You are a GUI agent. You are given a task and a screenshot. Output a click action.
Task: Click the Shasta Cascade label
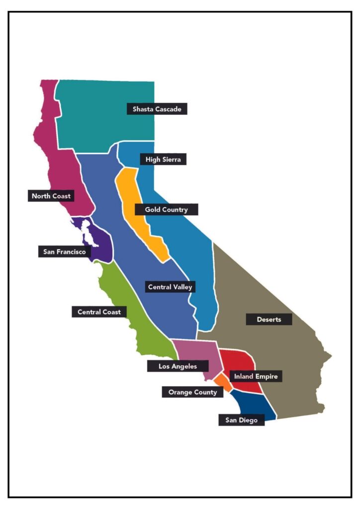(x=157, y=109)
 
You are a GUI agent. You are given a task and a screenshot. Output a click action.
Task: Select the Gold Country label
(x=166, y=209)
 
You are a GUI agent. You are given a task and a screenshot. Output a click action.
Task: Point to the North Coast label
(x=51, y=196)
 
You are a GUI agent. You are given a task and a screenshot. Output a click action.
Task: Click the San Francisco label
(x=64, y=252)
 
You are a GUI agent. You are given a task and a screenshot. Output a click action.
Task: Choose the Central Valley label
(x=170, y=287)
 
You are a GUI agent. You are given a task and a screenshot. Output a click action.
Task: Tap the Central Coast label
(x=99, y=312)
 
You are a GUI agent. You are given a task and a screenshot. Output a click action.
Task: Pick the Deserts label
(x=269, y=319)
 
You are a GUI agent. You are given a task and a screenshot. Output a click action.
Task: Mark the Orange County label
(x=192, y=392)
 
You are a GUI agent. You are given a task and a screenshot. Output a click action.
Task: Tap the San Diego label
(x=241, y=420)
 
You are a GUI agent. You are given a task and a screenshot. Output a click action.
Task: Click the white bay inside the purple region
(x=87, y=232)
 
